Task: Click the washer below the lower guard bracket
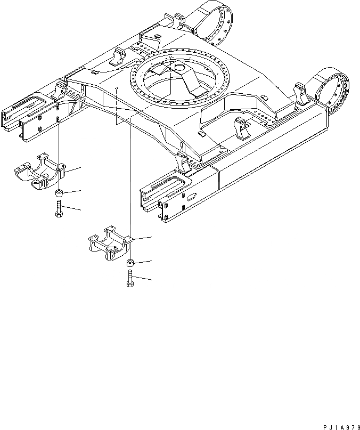click(130, 263)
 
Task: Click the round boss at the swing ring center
click(178, 67)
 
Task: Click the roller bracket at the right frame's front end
click(182, 161)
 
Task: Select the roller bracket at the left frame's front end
click(59, 90)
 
